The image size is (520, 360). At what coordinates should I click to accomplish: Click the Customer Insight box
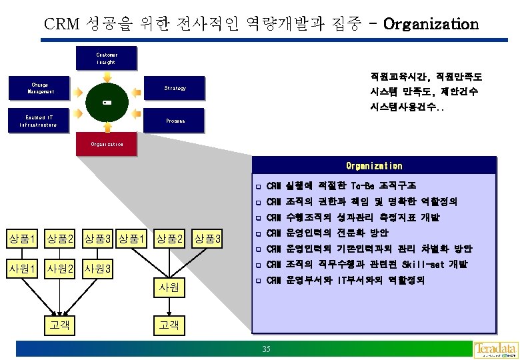click(x=106, y=58)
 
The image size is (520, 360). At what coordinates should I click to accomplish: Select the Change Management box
click(x=41, y=88)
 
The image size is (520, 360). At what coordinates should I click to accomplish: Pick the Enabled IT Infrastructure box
click(x=41, y=121)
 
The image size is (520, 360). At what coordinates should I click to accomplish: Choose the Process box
click(x=175, y=121)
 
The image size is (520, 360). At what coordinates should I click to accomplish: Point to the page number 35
click(x=267, y=350)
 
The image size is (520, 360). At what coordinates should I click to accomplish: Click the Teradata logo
click(x=495, y=349)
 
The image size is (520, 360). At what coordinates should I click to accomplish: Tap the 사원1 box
click(x=21, y=269)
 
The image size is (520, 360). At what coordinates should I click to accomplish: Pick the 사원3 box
click(x=99, y=269)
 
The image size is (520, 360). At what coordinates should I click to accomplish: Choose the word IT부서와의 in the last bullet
click(x=361, y=281)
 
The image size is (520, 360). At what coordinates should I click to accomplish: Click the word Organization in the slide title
click(x=431, y=25)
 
